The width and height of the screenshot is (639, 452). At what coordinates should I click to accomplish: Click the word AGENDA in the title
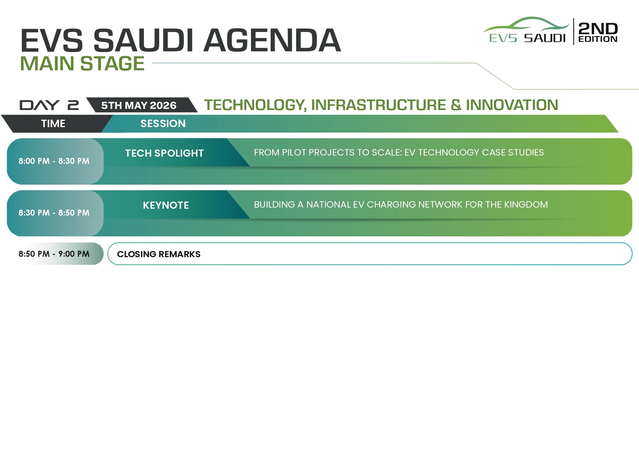pos(272,40)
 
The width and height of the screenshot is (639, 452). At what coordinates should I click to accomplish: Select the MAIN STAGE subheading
pos(82,63)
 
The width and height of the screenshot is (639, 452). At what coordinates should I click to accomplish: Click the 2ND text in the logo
pos(598,28)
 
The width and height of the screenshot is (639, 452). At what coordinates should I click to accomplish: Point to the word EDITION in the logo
pos(598,39)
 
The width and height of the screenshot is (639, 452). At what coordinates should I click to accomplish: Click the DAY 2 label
pos(49,105)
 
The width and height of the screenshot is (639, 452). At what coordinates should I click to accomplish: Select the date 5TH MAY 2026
pos(139,105)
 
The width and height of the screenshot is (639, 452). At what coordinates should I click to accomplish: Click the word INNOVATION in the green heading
pos(512,105)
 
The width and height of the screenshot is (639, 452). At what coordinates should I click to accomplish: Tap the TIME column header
pos(53,123)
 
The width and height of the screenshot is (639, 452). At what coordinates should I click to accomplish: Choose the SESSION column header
pos(163,123)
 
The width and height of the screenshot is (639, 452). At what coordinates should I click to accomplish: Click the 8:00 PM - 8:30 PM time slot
pos(54,161)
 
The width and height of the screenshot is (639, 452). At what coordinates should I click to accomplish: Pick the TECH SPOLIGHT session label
pos(164,153)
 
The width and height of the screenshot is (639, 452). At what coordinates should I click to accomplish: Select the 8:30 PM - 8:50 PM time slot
pos(54,213)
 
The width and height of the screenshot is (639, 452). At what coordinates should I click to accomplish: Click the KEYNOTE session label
pos(166,205)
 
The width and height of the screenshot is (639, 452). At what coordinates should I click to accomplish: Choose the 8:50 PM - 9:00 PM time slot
pos(54,254)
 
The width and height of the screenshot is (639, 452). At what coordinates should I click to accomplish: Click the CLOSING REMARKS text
pos(158,254)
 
